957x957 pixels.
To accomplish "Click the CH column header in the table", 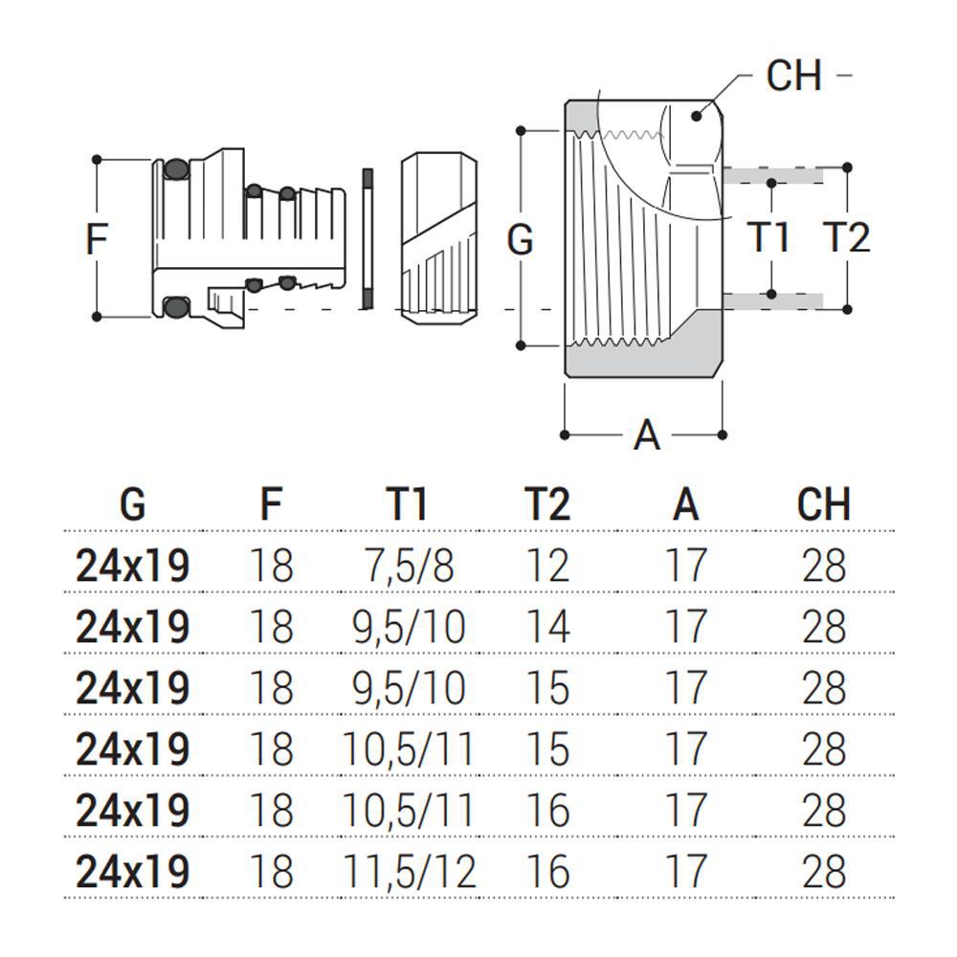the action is point(823,504).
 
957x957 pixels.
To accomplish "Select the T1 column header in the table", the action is point(407,504).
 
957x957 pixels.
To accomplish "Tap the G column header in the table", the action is point(133,504).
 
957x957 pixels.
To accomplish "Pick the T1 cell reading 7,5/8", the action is point(409,566).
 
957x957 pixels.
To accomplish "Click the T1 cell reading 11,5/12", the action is point(409,872).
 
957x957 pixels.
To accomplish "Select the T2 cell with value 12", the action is point(546,566).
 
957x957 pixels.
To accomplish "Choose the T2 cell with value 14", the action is point(546,627).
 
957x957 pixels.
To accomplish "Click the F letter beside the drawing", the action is point(97,238).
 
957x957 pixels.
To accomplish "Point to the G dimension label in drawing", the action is point(520,238).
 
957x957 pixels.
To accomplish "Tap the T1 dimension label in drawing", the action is point(769,236).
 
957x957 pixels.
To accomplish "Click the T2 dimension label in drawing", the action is point(846,236).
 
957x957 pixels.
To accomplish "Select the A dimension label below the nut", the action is point(647,435).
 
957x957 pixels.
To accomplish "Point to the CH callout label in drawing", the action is point(794,76).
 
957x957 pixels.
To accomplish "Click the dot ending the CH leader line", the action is point(696,116).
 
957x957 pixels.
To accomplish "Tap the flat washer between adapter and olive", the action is point(367,238).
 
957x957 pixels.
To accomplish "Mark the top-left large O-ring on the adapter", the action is point(176,169).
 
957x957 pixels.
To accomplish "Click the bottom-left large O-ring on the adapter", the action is point(176,306).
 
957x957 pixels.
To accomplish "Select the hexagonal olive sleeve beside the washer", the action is point(439,238).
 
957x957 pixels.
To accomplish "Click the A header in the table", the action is point(685,504).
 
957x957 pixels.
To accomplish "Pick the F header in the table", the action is point(271,504).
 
